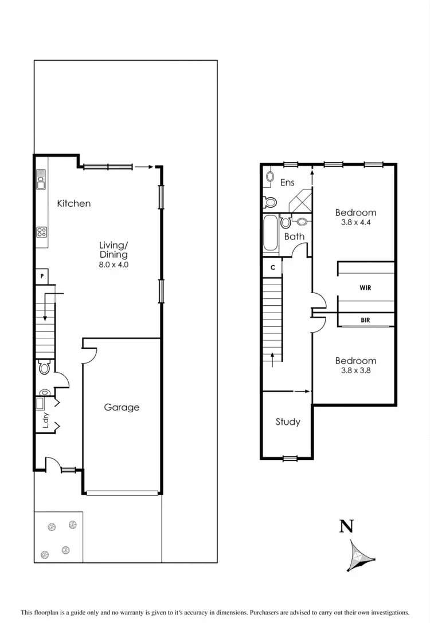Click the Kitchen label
[x=74, y=203]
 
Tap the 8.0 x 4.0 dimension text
[x=113, y=265]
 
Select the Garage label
[x=122, y=407]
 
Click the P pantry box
[x=41, y=276]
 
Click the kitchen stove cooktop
[x=41, y=232]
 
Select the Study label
[x=288, y=422]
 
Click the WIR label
[x=365, y=287]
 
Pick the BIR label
[x=365, y=321]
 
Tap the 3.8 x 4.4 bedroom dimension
[x=355, y=223]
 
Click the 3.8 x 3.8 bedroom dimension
[x=355, y=371]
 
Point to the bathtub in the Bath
[x=270, y=233]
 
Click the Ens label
[x=287, y=183]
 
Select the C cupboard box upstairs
[x=273, y=267]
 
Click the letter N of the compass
[x=346, y=526]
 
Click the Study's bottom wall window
[x=290, y=458]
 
